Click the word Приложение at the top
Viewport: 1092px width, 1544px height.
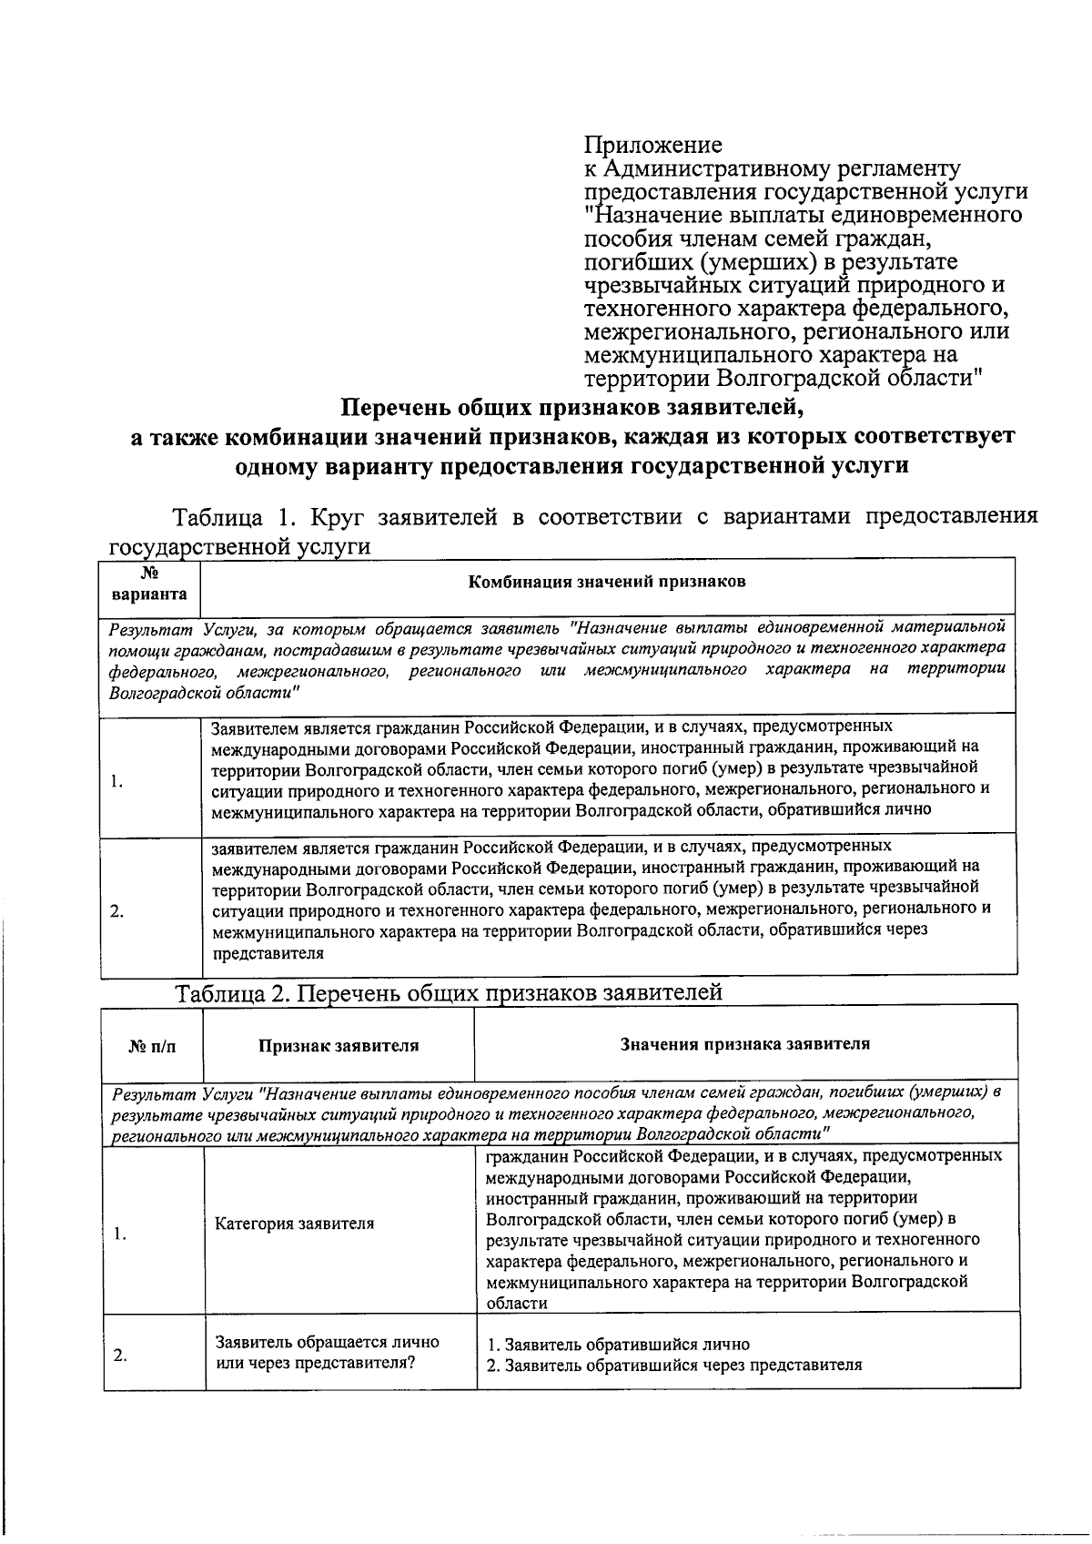tap(652, 145)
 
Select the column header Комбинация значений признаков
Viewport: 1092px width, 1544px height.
tap(606, 582)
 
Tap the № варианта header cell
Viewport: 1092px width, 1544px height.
tap(150, 584)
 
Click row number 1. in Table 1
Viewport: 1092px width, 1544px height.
tap(116, 781)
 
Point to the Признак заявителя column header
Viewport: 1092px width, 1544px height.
tap(339, 1045)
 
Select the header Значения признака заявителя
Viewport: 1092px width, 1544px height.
tap(744, 1043)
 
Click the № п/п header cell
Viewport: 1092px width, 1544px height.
tap(152, 1046)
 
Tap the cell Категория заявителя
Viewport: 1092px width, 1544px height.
tap(294, 1224)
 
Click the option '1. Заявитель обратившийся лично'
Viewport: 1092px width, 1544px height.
tap(618, 1344)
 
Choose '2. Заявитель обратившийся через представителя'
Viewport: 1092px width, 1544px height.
tap(673, 1365)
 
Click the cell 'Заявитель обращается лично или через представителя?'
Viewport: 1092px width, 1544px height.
tap(327, 1353)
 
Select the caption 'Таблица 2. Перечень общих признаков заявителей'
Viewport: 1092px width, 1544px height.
tap(449, 992)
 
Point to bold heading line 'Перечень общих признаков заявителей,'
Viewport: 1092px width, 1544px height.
tap(572, 406)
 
